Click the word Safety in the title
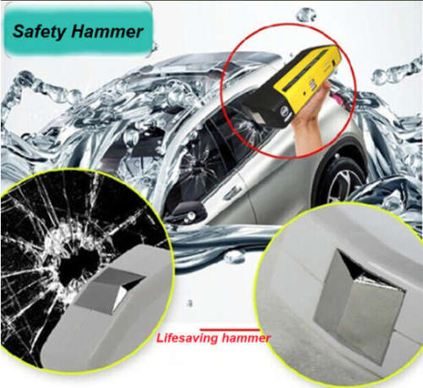point(43,33)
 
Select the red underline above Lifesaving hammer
point(228,328)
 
